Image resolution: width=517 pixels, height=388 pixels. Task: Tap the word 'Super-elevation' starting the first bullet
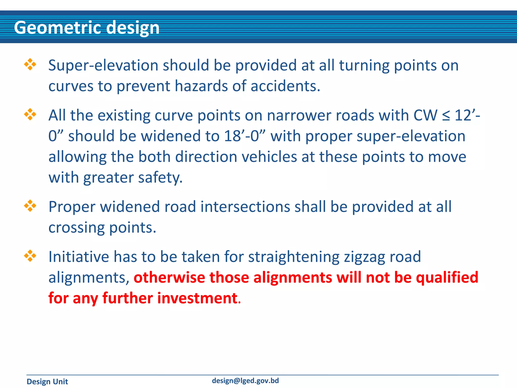(103, 65)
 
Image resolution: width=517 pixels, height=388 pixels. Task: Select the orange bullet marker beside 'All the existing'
(30, 114)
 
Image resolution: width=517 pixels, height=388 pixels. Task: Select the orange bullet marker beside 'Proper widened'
(30, 206)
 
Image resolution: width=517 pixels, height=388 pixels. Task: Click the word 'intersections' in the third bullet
(245, 207)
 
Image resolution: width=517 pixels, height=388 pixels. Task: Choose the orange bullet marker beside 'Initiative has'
(30, 256)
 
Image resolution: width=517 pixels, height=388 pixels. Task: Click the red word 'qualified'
(447, 278)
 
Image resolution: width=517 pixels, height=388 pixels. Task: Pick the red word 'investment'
(197, 298)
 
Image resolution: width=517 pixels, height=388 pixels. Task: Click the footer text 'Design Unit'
(47, 381)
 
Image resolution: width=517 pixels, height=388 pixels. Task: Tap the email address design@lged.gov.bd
(245, 381)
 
